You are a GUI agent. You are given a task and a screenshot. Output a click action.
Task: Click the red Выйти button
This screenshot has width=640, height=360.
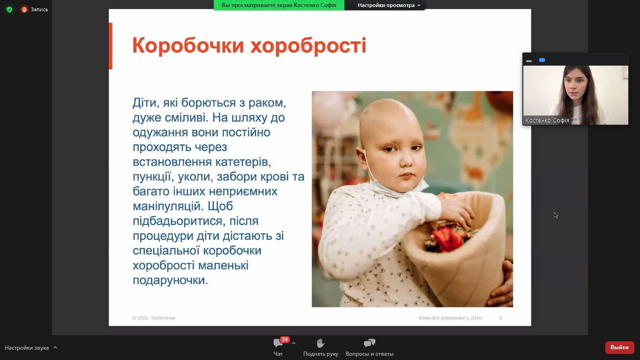(x=619, y=347)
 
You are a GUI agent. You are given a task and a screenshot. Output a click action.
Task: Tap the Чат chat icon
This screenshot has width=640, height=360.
(x=278, y=343)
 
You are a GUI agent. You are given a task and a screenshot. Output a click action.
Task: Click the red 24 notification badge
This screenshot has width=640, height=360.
(x=284, y=339)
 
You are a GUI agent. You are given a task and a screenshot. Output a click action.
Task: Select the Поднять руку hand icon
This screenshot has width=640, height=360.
(x=320, y=343)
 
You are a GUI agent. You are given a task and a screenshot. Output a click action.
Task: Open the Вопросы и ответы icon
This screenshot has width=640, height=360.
(x=369, y=343)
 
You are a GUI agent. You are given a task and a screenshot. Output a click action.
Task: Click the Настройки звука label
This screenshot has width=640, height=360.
(x=27, y=348)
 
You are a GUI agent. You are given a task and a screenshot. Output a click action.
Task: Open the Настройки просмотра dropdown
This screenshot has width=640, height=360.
(x=389, y=5)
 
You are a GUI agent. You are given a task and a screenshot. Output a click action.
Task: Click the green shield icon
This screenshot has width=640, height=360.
(x=9, y=9)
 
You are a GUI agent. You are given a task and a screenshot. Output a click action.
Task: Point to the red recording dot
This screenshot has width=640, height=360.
(x=24, y=9)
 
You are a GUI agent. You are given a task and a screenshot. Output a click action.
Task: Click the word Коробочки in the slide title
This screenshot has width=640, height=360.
(x=188, y=46)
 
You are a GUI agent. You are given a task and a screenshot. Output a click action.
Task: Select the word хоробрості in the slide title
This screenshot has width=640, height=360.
(x=308, y=46)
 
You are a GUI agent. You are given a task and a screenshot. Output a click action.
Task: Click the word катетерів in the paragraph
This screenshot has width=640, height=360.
(x=243, y=162)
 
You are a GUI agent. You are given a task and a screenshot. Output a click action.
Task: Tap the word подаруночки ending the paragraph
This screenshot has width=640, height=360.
(x=170, y=280)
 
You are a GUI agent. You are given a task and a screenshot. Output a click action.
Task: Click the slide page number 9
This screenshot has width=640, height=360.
(x=500, y=318)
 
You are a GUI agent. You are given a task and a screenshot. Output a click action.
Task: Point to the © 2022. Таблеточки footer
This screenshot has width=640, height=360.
(x=154, y=318)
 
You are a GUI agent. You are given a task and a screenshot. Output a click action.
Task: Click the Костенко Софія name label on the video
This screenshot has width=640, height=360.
(x=547, y=120)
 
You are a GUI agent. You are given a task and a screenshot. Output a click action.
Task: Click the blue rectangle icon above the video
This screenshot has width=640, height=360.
(x=542, y=60)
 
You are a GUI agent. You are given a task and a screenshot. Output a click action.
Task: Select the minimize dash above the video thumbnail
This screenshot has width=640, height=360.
(x=529, y=61)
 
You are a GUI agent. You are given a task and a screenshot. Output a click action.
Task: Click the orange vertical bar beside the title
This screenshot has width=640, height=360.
(x=111, y=46)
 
